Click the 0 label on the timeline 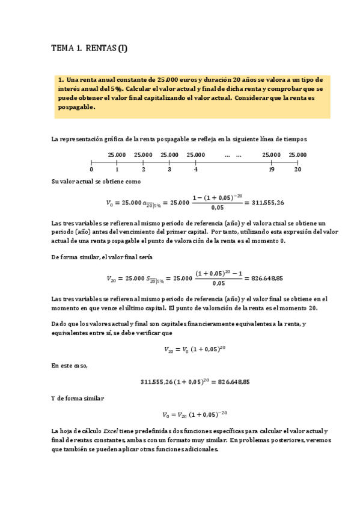coord(91,170)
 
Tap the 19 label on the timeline coord(272,170)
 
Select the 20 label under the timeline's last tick coord(297,170)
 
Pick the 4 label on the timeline coord(195,170)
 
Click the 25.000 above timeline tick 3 coord(169,155)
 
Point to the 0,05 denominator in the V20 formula coord(219,283)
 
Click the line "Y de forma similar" coord(78,398)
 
